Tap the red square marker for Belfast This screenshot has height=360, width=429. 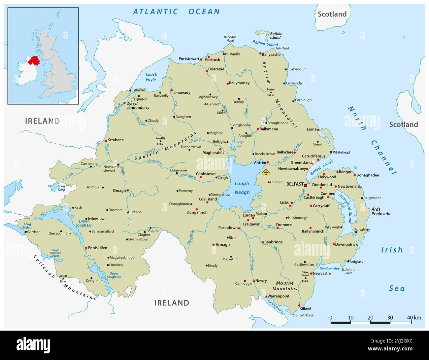tap(306, 186)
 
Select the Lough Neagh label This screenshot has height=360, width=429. tap(242, 188)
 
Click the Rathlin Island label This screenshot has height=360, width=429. tap(276, 36)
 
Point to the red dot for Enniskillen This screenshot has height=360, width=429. tap(86, 248)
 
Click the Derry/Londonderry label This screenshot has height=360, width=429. tap(138, 105)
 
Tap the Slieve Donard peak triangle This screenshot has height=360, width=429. tap(305, 277)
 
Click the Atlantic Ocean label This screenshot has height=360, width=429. tap(176, 12)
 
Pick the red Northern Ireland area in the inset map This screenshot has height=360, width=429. tap(34, 61)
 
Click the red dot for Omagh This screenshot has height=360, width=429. tap(127, 191)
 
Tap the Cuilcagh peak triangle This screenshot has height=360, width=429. tap(62, 278)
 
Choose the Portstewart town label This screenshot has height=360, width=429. tap(189, 59)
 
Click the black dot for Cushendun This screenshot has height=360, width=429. tap(286, 69)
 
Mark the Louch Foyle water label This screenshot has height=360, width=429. tap(151, 77)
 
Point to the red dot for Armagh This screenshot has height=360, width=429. tap(213, 245)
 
